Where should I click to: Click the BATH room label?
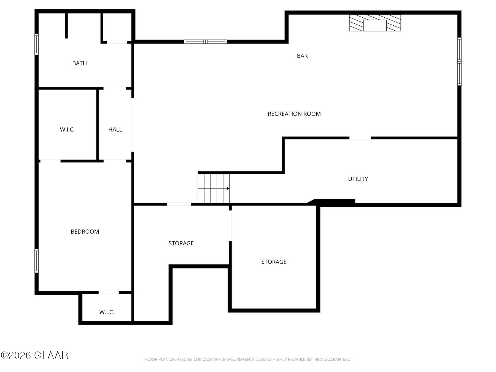[x=79, y=63]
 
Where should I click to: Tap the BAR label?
[x=302, y=56]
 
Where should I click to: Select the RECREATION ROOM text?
[x=294, y=114]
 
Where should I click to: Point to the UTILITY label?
[x=358, y=179]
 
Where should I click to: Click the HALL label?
[x=115, y=130]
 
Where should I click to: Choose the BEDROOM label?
[x=85, y=232]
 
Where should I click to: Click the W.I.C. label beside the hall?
[x=67, y=130]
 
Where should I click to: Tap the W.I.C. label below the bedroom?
[x=107, y=312]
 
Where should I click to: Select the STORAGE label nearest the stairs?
[x=181, y=243]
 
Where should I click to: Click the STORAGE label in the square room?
[x=274, y=262]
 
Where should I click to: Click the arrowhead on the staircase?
[x=228, y=188]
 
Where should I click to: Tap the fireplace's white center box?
[x=375, y=25]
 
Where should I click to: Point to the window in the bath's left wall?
[x=36, y=44]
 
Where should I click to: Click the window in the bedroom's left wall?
[x=36, y=261]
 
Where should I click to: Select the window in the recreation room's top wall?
[x=205, y=42]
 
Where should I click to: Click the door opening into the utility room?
[x=360, y=138]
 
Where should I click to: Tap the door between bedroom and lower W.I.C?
[x=109, y=292]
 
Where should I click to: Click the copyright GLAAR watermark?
[x=34, y=355]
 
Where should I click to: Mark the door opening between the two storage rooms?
[x=230, y=226]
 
